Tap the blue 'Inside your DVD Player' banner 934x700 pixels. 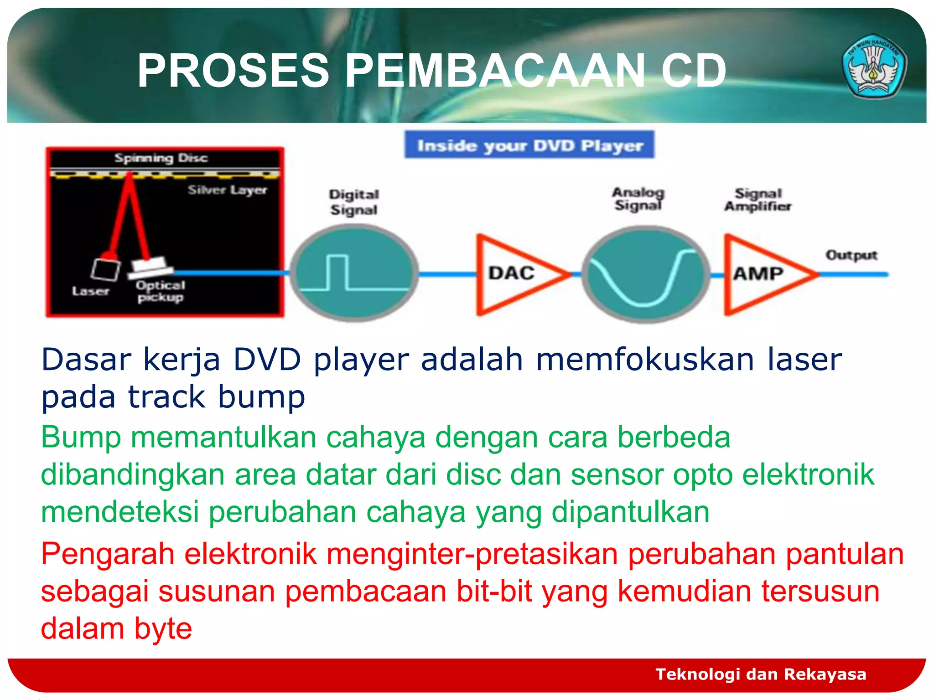pyautogui.click(x=529, y=145)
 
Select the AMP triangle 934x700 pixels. pyautogui.click(x=762, y=274)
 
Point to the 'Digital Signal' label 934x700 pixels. pyautogui.click(x=354, y=202)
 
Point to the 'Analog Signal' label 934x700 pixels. pyautogui.click(x=638, y=199)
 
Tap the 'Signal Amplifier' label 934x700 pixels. pyautogui.click(x=758, y=200)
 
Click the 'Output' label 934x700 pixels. pyautogui.click(x=851, y=255)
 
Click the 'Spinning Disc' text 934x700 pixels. pyautogui.click(x=161, y=158)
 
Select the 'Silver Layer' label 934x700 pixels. pyautogui.click(x=227, y=190)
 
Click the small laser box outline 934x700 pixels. pyautogui.click(x=105, y=269)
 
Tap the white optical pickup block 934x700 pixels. pyautogui.click(x=149, y=267)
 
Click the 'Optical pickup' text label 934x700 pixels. pyautogui.click(x=161, y=291)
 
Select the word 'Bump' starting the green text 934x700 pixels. pyautogui.click(x=81, y=437)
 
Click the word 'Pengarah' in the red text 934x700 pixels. pyautogui.click(x=108, y=554)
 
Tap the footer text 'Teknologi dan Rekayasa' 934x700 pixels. pyautogui.click(x=761, y=674)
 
